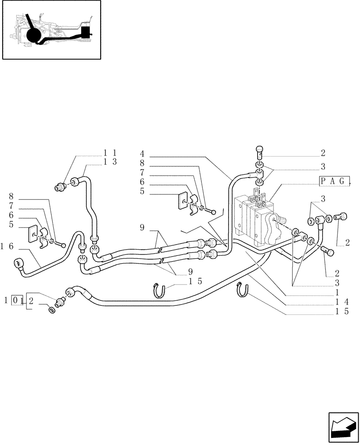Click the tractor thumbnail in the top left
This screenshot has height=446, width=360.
(x=51, y=30)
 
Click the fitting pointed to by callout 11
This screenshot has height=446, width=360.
(x=60, y=187)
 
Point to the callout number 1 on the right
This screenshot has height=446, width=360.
(x=337, y=293)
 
